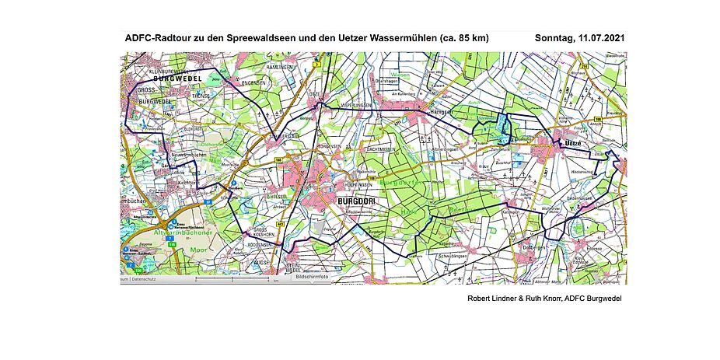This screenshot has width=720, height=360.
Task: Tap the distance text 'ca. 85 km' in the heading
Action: pos(463,37)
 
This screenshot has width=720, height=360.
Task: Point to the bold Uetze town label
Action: pos(573,144)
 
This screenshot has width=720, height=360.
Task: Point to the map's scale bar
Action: pos(233,279)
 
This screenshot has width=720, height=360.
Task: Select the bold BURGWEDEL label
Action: pos(178,79)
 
